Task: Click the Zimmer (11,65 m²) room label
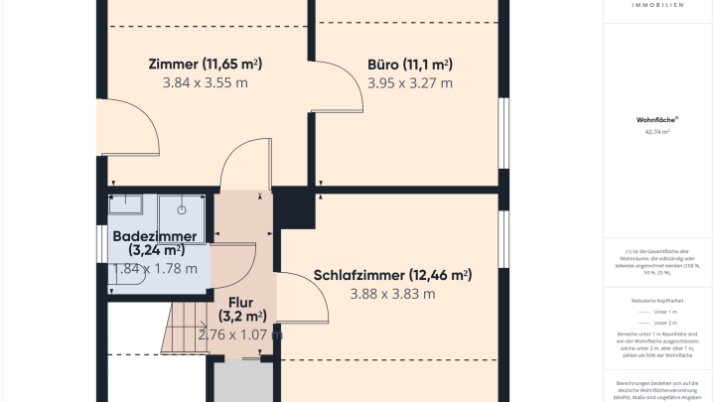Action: point(204,64)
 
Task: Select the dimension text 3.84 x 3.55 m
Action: point(205,83)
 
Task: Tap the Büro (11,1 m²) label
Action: point(409,64)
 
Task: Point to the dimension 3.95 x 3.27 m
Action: point(409,83)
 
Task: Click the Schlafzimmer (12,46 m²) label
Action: point(391,275)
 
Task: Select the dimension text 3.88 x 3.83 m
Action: point(392,294)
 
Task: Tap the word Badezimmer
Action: point(154,236)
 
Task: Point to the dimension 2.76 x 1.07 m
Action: point(240,335)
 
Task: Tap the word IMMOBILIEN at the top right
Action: point(656,5)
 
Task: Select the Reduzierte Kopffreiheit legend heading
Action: point(656,299)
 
